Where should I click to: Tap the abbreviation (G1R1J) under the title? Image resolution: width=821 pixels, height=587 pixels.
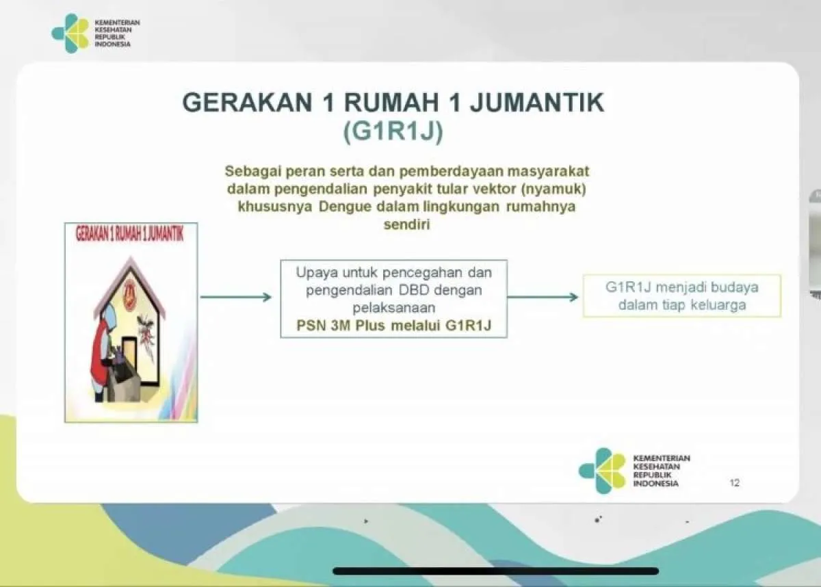point(393,132)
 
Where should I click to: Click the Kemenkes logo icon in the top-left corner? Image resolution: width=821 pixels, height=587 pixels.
point(70,33)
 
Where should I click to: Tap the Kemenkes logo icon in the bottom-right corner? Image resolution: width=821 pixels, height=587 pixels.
point(602,471)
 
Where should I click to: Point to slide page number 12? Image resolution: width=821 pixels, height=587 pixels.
point(735,483)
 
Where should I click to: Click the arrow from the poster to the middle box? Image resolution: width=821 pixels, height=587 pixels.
point(236,297)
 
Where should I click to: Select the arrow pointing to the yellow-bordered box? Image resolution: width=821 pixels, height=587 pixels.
point(543,297)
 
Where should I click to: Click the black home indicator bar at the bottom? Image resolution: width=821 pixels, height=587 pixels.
point(496,571)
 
